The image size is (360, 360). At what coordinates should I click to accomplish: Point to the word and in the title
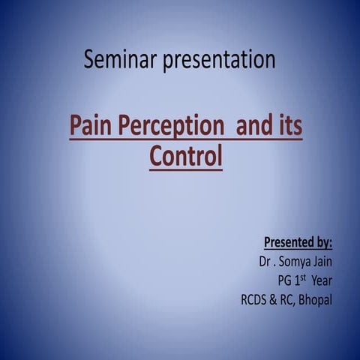coord(254,127)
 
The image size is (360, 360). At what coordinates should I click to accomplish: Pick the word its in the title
coord(289,127)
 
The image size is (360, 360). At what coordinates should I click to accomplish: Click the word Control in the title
coord(186,157)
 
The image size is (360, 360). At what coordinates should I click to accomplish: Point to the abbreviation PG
coord(285,281)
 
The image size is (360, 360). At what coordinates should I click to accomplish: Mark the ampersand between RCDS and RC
coord(275,301)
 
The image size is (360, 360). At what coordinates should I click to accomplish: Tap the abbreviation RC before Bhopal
coord(289,301)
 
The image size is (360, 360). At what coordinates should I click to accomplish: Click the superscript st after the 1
coord(305,278)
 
